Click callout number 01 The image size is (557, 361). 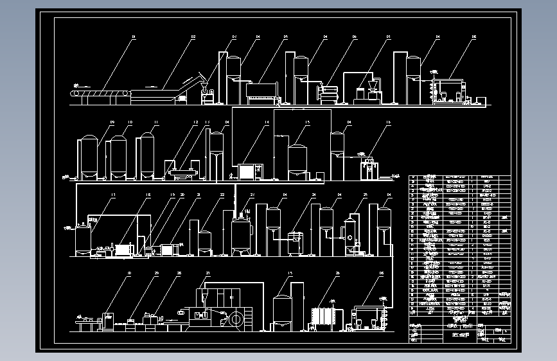coord(134,38)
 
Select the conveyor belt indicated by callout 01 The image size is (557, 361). coord(100,96)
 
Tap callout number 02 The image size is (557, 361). coord(193,38)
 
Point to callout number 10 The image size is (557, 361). coord(130,121)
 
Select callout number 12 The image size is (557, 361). coord(195,121)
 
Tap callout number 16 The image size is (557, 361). coord(388,121)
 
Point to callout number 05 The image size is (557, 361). coord(285,38)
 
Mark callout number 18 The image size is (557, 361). coord(148,194)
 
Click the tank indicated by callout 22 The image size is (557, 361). coord(204,241)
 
